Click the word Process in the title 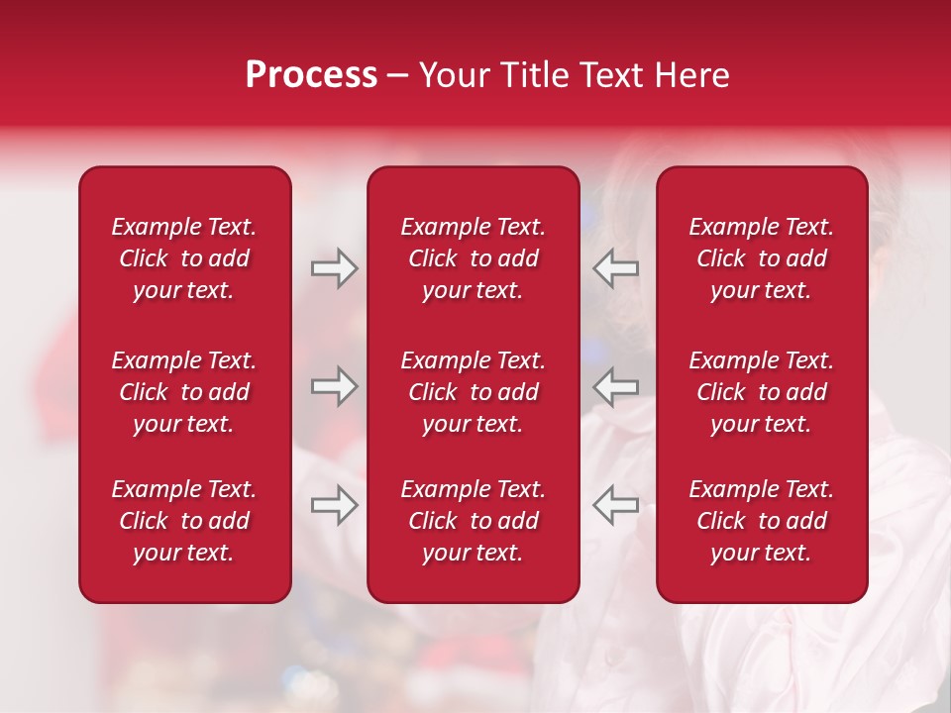pyautogui.click(x=311, y=75)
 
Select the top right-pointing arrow pyautogui.click(x=335, y=268)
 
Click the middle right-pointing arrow pyautogui.click(x=335, y=386)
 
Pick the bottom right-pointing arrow pyautogui.click(x=335, y=505)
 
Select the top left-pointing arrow pyautogui.click(x=615, y=268)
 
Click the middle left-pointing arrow pyautogui.click(x=615, y=386)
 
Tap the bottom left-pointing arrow pyautogui.click(x=615, y=505)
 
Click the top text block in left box pyautogui.click(x=184, y=258)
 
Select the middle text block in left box pyautogui.click(x=184, y=392)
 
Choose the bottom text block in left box pyautogui.click(x=184, y=521)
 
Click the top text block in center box pyautogui.click(x=474, y=258)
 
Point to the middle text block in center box pyautogui.click(x=474, y=392)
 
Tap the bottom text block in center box pyautogui.click(x=474, y=521)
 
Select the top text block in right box pyautogui.click(x=762, y=258)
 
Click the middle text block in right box pyautogui.click(x=762, y=392)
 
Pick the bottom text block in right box pyautogui.click(x=762, y=521)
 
